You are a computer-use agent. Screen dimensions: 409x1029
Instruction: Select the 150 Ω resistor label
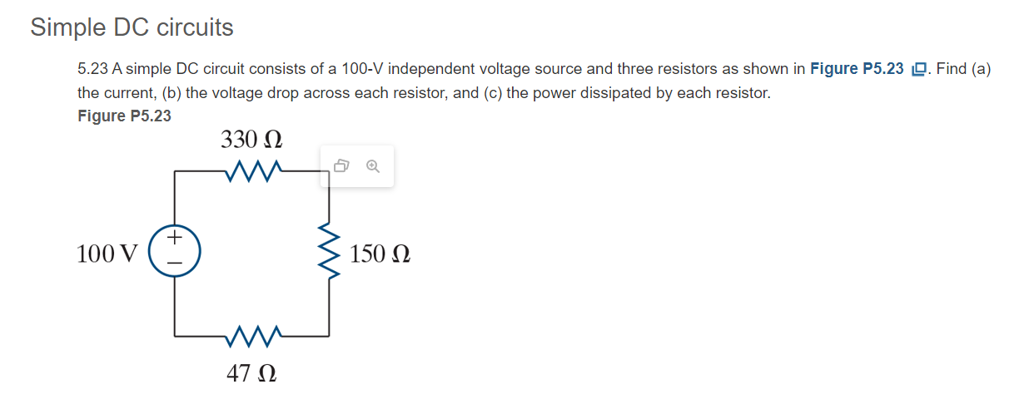(380, 254)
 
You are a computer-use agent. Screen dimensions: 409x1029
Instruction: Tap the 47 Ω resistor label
(251, 373)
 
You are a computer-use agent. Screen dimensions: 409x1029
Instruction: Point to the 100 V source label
(107, 254)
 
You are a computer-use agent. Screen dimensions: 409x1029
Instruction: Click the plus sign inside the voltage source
(174, 239)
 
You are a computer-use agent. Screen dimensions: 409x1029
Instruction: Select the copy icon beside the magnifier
(341, 167)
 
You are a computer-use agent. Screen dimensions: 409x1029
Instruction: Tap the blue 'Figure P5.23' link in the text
(856, 69)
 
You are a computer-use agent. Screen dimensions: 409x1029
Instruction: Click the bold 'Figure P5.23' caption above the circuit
(124, 116)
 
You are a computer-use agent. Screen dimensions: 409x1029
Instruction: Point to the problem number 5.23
(92, 69)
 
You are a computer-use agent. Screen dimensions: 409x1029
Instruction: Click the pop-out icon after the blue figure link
(918, 70)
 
